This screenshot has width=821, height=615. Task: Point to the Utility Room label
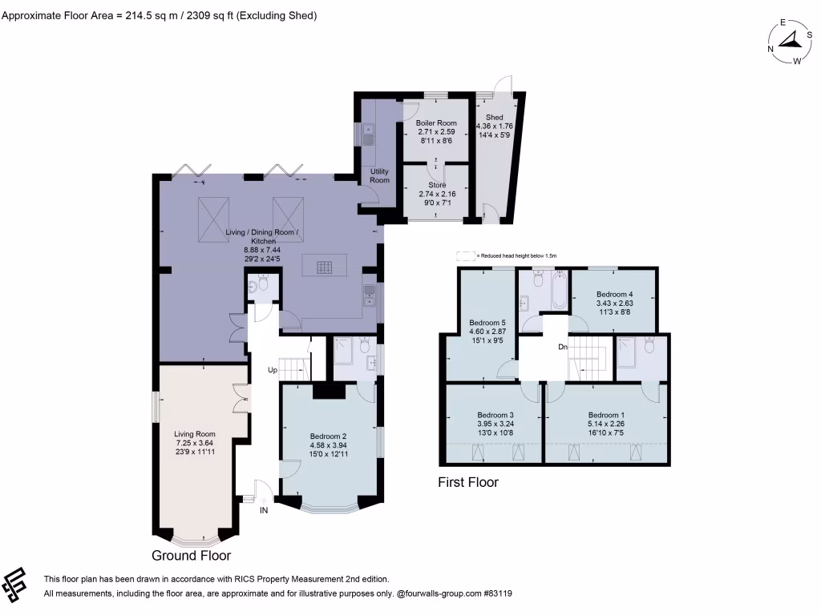point(379,175)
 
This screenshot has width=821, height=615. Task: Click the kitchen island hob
point(325,267)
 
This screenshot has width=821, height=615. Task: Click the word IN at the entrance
point(264,510)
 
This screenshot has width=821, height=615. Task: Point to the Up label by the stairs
point(273,371)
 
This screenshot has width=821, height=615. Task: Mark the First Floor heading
point(468,482)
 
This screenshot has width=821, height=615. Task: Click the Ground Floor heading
point(192,555)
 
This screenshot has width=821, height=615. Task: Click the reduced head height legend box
point(464,255)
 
